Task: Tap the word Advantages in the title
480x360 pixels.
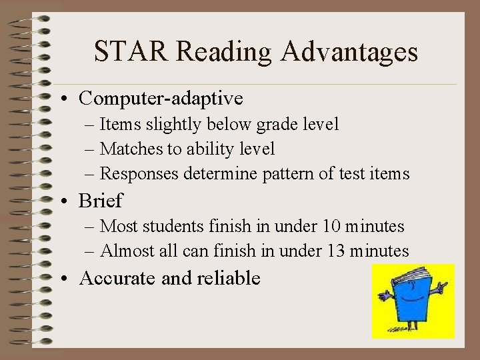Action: (x=350, y=51)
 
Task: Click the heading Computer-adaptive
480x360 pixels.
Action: (x=161, y=99)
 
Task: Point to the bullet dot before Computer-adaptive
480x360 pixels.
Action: (x=69, y=99)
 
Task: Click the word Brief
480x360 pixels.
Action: (x=101, y=200)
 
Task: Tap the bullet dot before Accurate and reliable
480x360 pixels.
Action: (x=69, y=279)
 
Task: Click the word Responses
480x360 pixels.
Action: (x=139, y=174)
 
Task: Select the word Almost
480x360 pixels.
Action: (x=125, y=251)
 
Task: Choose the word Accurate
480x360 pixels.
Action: (x=117, y=278)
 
